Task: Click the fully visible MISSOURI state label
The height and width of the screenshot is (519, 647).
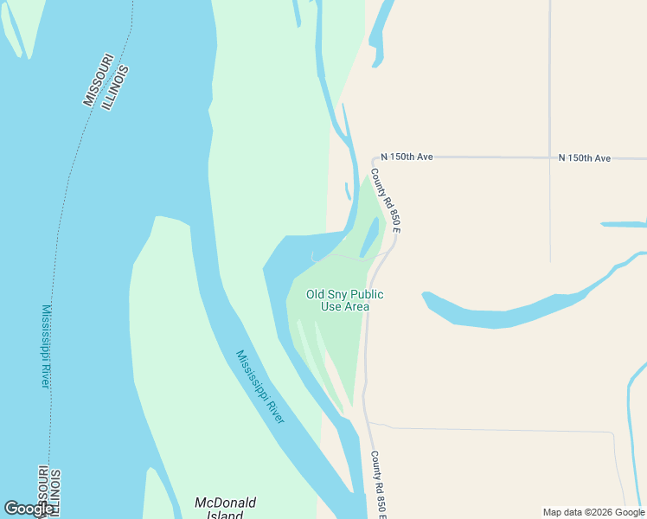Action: click(98, 80)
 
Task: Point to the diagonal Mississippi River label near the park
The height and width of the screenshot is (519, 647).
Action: click(260, 386)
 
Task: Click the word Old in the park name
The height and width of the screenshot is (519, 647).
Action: click(316, 294)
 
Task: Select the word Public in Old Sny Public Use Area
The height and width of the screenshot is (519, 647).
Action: click(368, 294)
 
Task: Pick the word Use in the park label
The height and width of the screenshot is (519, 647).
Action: click(330, 306)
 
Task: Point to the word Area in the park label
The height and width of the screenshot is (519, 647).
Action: click(357, 306)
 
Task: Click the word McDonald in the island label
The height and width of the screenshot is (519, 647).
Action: click(225, 503)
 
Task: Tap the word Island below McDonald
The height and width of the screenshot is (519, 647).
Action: click(225, 515)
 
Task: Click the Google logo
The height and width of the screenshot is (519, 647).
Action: click(29, 509)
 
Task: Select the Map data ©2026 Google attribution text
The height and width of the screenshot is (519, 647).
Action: click(593, 512)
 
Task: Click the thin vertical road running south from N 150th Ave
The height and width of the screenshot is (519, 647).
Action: click(550, 208)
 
